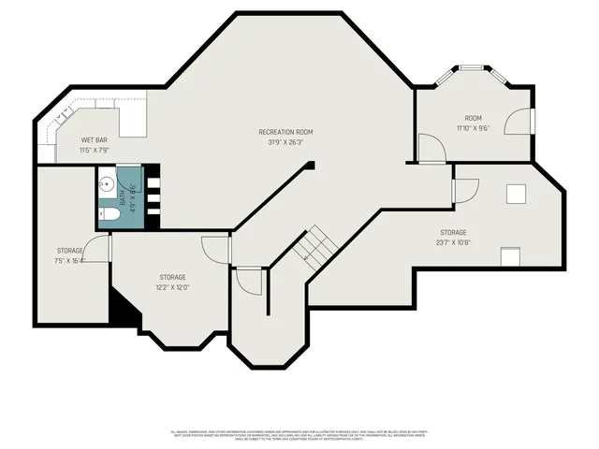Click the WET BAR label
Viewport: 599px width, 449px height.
[95, 140]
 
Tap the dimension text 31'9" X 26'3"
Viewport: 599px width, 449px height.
[285, 143]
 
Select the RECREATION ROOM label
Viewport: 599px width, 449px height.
[285, 132]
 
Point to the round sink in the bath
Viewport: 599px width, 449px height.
[107, 182]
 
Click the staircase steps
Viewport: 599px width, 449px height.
[314, 245]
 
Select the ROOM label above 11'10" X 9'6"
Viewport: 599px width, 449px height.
[474, 117]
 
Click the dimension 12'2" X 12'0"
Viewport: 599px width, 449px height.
[172, 287]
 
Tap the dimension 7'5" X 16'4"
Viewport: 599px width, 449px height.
[70, 261]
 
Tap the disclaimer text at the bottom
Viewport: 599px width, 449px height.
[299, 434]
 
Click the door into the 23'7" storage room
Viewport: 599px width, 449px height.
[462, 190]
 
